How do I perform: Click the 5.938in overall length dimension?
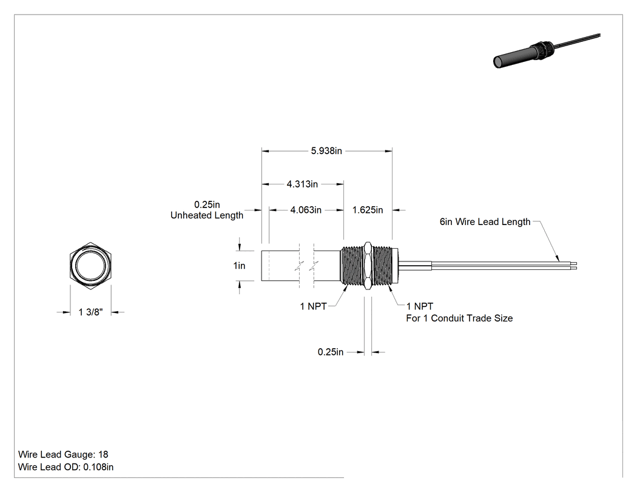(326, 151)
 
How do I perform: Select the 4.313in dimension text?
(302, 184)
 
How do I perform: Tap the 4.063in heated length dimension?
(306, 210)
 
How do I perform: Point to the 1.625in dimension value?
(368, 210)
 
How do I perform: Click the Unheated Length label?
(207, 215)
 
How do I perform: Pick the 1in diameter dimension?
(239, 266)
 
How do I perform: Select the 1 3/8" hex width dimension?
(90, 312)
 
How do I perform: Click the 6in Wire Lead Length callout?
(485, 222)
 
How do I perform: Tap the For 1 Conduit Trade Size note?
(459, 318)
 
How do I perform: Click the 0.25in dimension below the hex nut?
(330, 352)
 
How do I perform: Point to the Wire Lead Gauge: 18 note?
(63, 454)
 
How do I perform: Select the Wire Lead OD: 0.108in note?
(66, 467)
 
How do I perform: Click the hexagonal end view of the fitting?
(90, 266)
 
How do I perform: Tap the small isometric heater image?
(547, 50)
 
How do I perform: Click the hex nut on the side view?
(367, 266)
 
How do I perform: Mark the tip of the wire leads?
(576, 266)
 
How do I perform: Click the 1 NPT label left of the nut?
(313, 306)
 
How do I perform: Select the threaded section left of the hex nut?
(352, 266)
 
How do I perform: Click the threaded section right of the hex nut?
(382, 266)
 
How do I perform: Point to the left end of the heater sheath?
(261, 266)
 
